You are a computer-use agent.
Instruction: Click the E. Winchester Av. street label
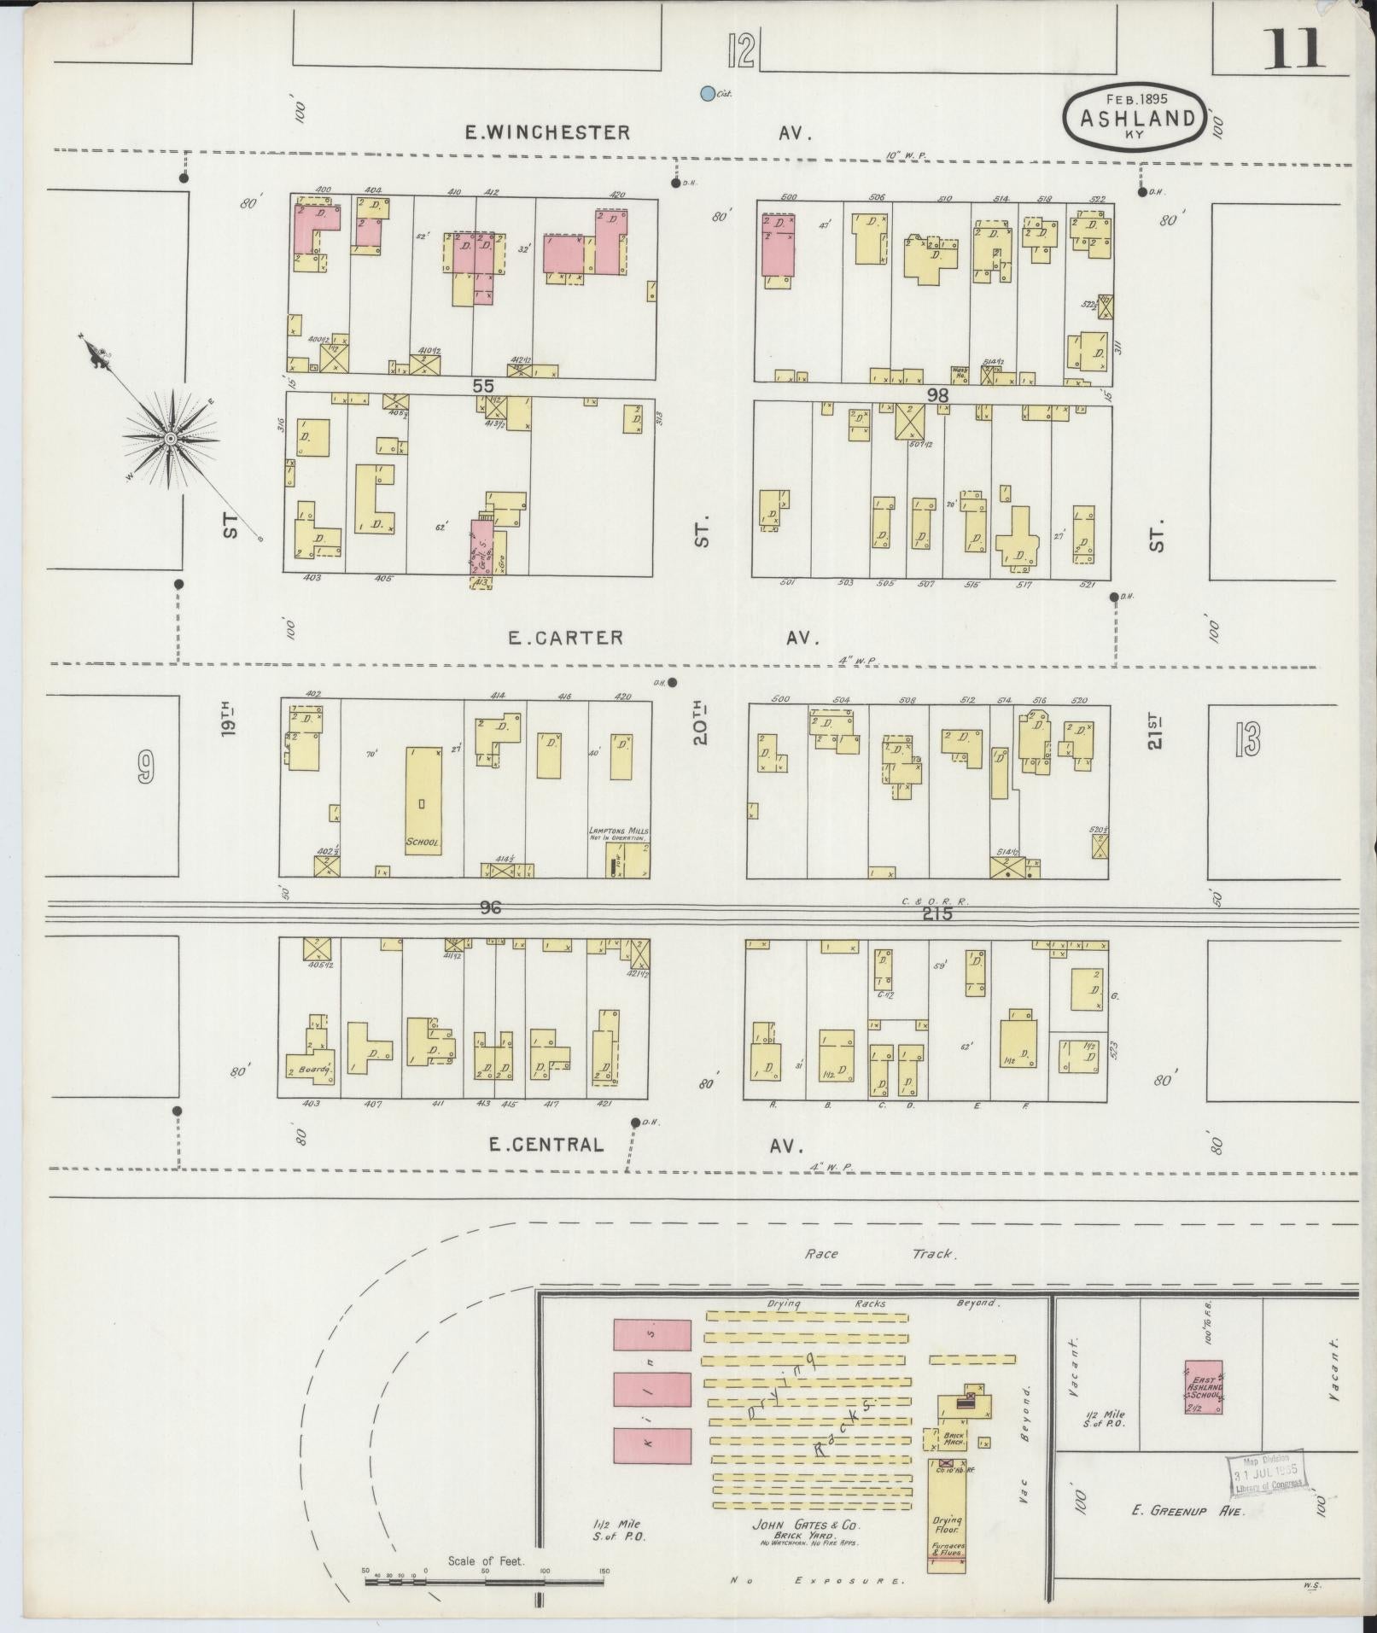click(636, 132)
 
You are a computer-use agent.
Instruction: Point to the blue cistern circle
click(707, 94)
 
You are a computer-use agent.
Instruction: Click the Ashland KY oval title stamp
click(1135, 119)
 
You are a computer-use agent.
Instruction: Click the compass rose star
click(171, 438)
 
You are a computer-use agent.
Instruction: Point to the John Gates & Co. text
click(806, 1525)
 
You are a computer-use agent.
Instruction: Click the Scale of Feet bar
click(484, 1581)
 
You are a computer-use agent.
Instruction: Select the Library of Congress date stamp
click(1268, 1473)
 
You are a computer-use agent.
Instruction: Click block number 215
click(936, 914)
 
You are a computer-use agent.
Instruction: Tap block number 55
click(483, 386)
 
